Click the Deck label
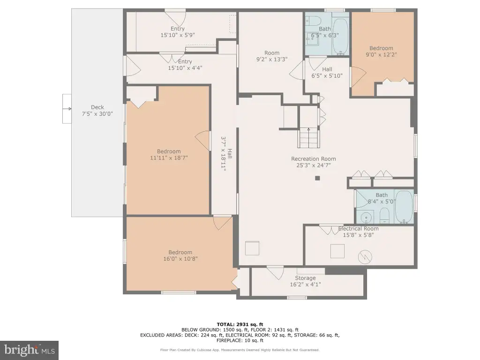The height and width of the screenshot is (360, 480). [97, 107]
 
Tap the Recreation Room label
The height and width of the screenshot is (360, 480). [314, 158]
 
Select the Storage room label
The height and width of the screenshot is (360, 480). [305, 278]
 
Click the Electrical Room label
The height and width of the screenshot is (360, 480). [359, 229]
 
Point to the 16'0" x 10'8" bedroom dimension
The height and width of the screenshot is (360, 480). [180, 259]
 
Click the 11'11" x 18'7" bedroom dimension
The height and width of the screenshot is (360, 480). [169, 158]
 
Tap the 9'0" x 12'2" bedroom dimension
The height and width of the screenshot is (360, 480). [381, 55]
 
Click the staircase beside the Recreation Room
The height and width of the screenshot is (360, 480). [309, 138]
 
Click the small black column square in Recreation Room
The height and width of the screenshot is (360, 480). [317, 178]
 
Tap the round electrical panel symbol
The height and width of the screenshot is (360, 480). [365, 257]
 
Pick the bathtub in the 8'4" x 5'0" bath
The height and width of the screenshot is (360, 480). [404, 207]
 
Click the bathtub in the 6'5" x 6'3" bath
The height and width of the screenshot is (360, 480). [340, 37]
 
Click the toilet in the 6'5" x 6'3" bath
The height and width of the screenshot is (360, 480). [313, 21]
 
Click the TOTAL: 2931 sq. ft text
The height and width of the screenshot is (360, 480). [240, 324]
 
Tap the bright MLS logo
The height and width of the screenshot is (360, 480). [29, 350]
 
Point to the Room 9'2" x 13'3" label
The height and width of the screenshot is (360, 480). [272, 56]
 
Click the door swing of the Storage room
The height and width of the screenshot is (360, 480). [275, 273]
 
